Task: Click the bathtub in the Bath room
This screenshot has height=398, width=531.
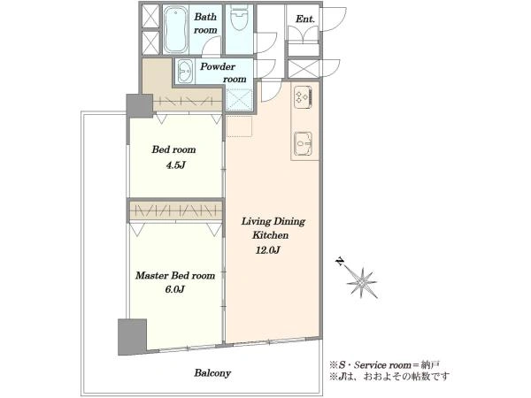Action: [x=176, y=29]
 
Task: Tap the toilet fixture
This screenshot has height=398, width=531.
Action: [x=240, y=18]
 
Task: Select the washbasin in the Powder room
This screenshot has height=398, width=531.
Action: [x=185, y=71]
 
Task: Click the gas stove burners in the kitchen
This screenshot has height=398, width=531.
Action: [x=303, y=97]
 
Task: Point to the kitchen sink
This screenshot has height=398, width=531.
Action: [x=303, y=143]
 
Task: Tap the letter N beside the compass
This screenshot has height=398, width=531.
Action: [x=340, y=262]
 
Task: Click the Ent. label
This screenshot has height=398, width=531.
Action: [x=305, y=19]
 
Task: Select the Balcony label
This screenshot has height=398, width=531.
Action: [x=212, y=373]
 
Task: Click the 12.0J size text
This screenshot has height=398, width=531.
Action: [x=268, y=250]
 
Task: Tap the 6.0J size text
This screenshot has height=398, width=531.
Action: [x=174, y=289]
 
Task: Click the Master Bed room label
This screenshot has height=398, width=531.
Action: [x=175, y=275]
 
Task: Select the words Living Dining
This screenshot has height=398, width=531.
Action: [x=273, y=222]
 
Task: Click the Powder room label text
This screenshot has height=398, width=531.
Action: [x=223, y=73]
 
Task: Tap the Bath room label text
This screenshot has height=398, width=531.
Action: [x=205, y=23]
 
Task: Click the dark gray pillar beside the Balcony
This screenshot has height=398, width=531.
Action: [x=132, y=337]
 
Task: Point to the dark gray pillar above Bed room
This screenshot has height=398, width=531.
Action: [x=139, y=106]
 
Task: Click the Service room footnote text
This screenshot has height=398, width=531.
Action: [x=385, y=365]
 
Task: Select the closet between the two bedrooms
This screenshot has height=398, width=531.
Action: [x=175, y=210]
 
